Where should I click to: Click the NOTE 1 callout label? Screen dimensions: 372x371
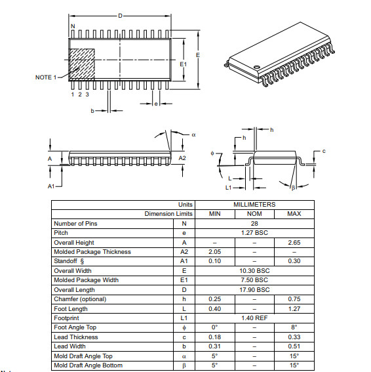click(x=45, y=77)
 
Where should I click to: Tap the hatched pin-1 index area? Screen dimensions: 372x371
click(x=83, y=63)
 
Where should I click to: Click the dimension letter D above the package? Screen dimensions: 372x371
click(x=120, y=16)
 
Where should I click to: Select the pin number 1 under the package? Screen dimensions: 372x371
click(x=73, y=94)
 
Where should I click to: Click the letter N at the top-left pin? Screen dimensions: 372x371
click(x=72, y=26)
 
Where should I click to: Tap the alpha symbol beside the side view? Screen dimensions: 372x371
click(x=193, y=134)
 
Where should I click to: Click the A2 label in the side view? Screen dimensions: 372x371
click(x=183, y=158)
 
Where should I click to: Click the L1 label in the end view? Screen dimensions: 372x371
click(x=229, y=188)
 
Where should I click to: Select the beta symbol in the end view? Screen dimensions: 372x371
click(x=293, y=187)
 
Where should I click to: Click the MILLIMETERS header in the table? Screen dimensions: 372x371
click(x=254, y=205)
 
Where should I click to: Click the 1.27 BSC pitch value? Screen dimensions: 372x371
click(x=254, y=233)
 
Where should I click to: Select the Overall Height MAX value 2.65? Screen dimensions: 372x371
click(x=294, y=242)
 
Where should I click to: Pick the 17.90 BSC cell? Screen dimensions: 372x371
click(x=254, y=290)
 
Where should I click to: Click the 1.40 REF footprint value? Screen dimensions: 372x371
click(x=254, y=318)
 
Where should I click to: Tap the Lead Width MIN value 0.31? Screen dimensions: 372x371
click(x=214, y=346)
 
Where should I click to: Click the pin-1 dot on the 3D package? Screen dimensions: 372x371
click(x=257, y=67)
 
